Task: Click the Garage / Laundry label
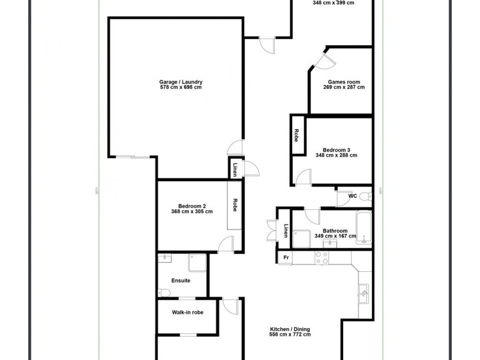tap(181, 82)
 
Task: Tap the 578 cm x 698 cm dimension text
tap(181, 88)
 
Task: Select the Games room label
tap(344, 82)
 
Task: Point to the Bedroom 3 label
tap(337, 149)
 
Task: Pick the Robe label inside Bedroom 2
tap(235, 205)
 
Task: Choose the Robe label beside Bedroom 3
tap(296, 136)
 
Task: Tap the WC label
tap(352, 196)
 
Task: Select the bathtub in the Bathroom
tap(364, 228)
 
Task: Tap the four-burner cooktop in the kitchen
tap(322, 257)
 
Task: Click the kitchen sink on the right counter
tap(364, 293)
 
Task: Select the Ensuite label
tap(181, 280)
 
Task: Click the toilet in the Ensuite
tap(164, 292)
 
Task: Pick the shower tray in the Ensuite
tap(197, 262)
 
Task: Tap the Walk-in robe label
tap(186, 312)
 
